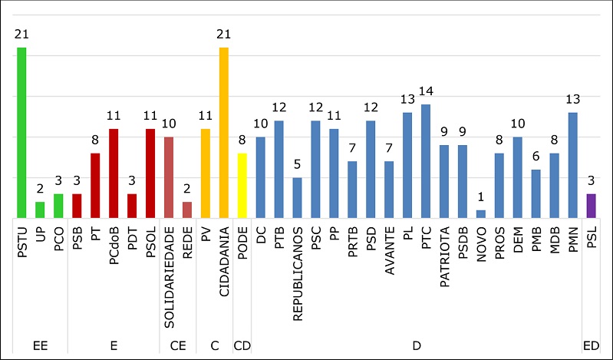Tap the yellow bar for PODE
tap(242, 185)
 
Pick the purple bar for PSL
tap(591, 206)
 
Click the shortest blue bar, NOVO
tap(481, 213)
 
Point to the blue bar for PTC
tap(426, 161)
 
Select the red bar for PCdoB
tap(114, 173)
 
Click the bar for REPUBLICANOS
tap(298, 197)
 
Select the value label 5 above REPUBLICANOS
tap(298, 164)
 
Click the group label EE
tap(40, 347)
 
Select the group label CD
tap(242, 347)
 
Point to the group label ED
tap(591, 347)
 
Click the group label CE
tap(178, 347)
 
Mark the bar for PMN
tap(572, 165)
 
